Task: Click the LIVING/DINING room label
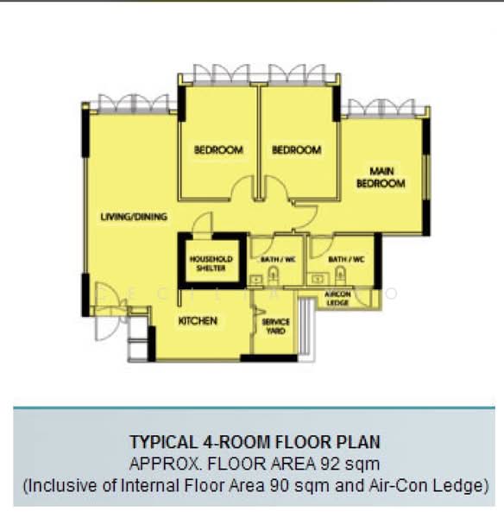(133, 217)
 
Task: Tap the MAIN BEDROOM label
(381, 178)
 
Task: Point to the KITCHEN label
(198, 321)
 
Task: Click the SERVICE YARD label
(275, 326)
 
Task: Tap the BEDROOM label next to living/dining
(218, 150)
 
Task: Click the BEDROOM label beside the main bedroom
(296, 150)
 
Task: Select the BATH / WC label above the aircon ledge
(346, 258)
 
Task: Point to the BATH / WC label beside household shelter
(276, 258)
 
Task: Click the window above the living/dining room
(134, 104)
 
